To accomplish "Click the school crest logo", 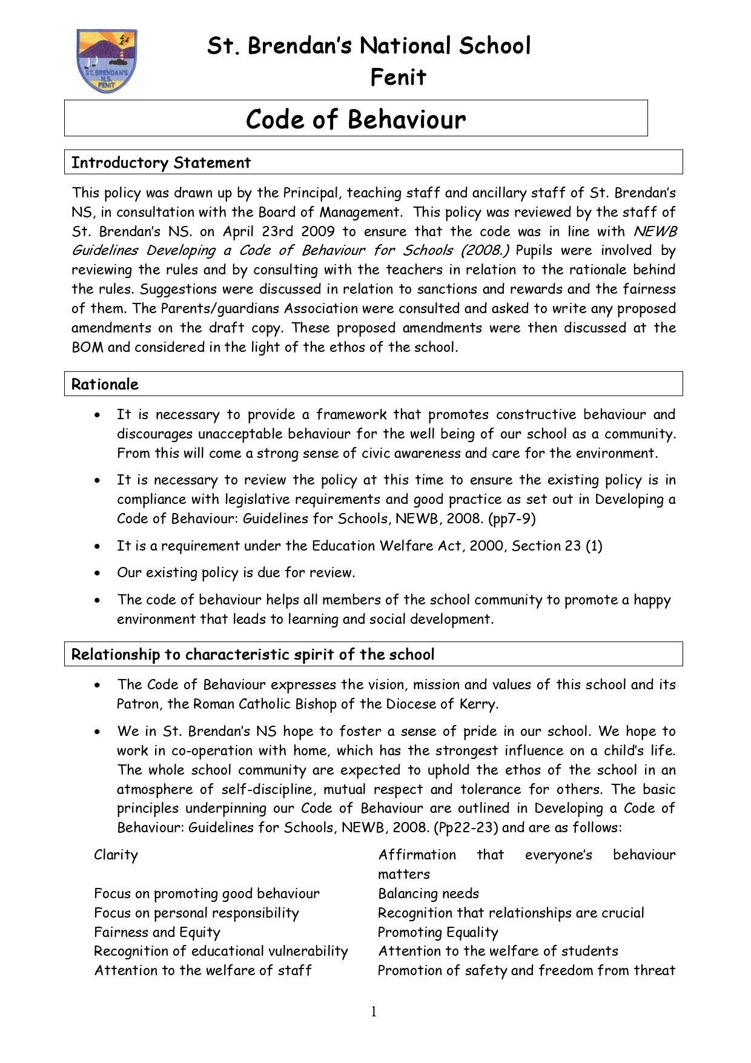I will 107,61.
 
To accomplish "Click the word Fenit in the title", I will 398,78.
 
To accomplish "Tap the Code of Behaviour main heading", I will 356,119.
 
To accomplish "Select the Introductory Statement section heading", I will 161,163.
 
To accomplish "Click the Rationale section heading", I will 105,385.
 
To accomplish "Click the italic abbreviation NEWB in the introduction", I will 655,231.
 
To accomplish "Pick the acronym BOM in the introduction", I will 87,348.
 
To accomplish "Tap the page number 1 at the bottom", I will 374,1012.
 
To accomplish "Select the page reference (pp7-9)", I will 506,519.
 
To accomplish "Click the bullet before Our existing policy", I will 98,573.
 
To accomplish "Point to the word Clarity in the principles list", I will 116,855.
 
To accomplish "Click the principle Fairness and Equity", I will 157,933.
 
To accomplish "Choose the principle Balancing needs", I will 429,894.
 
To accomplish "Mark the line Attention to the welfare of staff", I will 203,971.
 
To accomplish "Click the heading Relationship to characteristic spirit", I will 253,655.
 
